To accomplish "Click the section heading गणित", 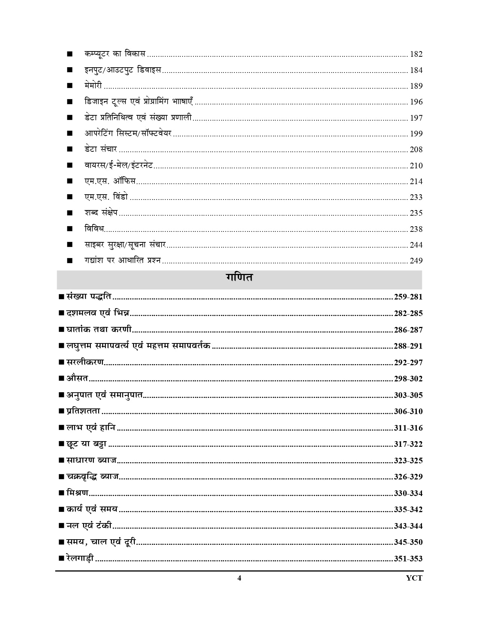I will click(x=239, y=278).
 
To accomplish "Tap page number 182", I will click(x=416, y=54).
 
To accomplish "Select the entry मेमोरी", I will click(x=93, y=86).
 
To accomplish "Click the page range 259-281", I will click(x=408, y=297).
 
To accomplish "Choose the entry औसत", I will click(x=77, y=378).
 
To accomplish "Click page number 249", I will click(x=416, y=261).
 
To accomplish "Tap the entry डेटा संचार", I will click(x=101, y=149).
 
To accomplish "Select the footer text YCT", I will click(x=414, y=578).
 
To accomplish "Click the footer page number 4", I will click(x=239, y=578).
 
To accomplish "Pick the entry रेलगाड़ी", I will click(x=80, y=558).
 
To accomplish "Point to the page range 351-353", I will click(x=408, y=559).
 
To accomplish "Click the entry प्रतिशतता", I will click(x=83, y=411).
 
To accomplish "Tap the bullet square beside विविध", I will click(x=70, y=229).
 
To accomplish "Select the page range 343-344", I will click(x=408, y=526).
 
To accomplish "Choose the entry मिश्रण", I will click(x=77, y=493).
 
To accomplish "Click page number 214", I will click(x=416, y=181).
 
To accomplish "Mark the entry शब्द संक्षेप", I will click(x=101, y=213).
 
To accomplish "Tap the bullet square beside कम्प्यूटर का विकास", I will click(x=70, y=54).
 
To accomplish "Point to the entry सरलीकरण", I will click(x=85, y=362).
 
